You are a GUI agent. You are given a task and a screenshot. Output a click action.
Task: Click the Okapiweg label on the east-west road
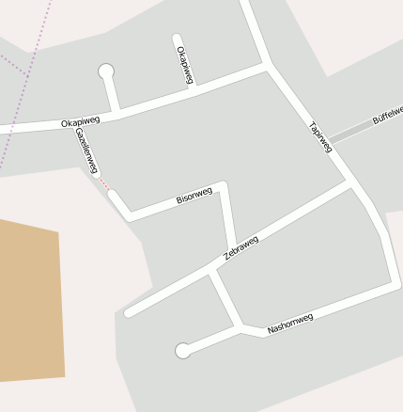pos(80,122)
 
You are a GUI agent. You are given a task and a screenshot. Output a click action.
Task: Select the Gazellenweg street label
pos(86,151)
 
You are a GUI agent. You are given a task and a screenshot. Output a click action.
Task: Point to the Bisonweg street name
pos(194,196)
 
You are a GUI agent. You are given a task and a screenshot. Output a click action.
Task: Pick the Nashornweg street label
pos(289,324)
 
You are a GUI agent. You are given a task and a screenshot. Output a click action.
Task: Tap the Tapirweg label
pos(320,136)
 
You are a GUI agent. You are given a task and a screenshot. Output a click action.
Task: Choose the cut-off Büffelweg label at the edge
pos(387,114)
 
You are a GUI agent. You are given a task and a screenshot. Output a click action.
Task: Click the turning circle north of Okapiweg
pos(106,71)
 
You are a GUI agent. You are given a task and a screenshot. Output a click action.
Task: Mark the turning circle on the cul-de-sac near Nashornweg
pos(183,351)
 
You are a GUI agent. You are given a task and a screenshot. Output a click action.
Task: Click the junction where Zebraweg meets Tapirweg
pos(351,185)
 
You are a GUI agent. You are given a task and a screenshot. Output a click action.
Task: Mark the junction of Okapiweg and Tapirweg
pos(269,67)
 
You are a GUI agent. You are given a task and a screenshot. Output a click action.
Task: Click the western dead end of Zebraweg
pos(129,312)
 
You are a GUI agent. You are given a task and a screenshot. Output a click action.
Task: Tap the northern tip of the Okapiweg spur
pos(177,39)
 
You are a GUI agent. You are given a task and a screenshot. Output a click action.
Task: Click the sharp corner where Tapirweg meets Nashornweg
pos(394,283)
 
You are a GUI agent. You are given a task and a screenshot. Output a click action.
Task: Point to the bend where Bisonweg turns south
pos(223,184)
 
